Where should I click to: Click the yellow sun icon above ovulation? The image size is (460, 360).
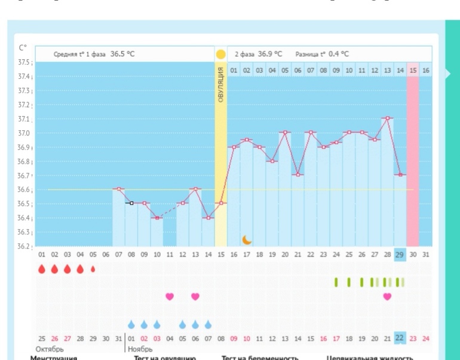click(x=220, y=54)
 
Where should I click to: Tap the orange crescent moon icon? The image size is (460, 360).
click(x=247, y=239)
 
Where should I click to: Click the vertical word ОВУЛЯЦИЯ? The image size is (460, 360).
click(x=220, y=84)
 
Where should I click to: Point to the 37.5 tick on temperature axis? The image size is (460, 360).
click(x=24, y=62)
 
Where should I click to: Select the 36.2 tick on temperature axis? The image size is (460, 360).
click(x=24, y=246)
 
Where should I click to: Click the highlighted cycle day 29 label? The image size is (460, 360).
click(x=400, y=254)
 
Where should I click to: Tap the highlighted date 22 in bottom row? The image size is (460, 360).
click(x=400, y=338)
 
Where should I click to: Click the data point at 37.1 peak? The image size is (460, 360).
click(x=387, y=118)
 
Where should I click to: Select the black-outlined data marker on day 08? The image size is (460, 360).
click(x=131, y=203)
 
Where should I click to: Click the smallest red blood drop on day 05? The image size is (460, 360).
click(x=93, y=269)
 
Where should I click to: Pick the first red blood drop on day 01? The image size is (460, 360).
click(x=42, y=269)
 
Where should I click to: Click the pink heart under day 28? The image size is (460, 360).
click(x=387, y=296)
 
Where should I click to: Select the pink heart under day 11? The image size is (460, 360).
click(x=170, y=296)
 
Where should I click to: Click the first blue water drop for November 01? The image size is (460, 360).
click(x=131, y=324)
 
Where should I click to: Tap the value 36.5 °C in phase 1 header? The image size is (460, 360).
click(x=122, y=54)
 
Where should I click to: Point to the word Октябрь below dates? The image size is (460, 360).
click(x=50, y=349)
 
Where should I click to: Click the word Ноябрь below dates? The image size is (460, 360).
click(x=140, y=349)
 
